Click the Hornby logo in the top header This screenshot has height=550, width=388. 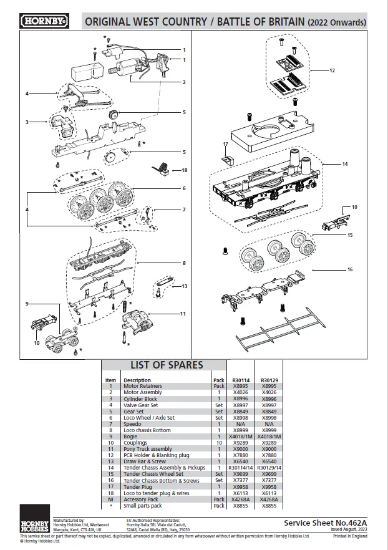click(44, 21)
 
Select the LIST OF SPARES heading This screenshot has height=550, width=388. click(167, 365)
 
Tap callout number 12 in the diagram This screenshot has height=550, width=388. click(332, 70)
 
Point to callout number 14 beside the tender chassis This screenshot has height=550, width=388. click(345, 164)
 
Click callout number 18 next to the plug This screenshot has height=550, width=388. click(184, 170)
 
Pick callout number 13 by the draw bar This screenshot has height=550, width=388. click(184, 286)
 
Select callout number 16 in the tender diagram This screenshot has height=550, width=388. click(350, 269)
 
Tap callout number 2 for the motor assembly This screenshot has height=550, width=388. click(184, 82)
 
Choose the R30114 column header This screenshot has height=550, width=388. click(241, 380)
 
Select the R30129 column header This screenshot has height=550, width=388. click(269, 380)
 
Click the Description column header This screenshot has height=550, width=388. click(137, 380)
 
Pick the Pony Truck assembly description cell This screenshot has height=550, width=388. click(148, 449)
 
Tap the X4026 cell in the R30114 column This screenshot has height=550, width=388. click(241, 392)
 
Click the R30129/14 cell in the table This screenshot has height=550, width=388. click(269, 468)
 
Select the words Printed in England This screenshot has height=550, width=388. click(350, 536)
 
